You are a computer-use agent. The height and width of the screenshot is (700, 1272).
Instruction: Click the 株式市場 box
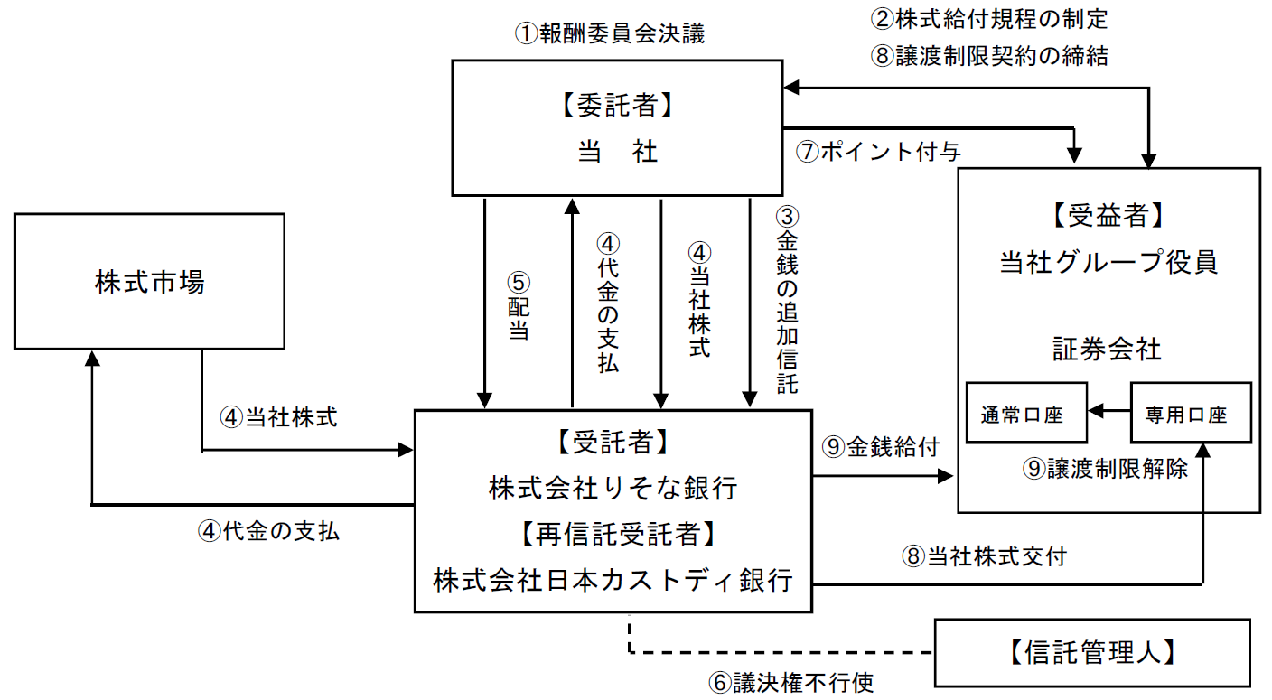[149, 281]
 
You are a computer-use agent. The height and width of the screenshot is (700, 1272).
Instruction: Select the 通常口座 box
[1023, 413]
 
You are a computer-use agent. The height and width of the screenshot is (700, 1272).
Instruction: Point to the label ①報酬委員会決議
[609, 34]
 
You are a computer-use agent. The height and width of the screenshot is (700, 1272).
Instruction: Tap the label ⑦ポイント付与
[877, 152]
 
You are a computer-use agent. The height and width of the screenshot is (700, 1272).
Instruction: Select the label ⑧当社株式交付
[983, 555]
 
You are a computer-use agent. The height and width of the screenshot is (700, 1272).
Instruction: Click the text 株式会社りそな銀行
[613, 488]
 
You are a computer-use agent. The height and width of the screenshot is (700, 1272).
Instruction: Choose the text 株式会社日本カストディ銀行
[613, 579]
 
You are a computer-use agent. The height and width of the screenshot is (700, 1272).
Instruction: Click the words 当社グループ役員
[1108, 262]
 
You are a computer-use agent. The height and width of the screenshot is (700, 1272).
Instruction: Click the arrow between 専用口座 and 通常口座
[1109, 413]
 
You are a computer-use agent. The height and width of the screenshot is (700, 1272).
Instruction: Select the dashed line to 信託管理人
[777, 652]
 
